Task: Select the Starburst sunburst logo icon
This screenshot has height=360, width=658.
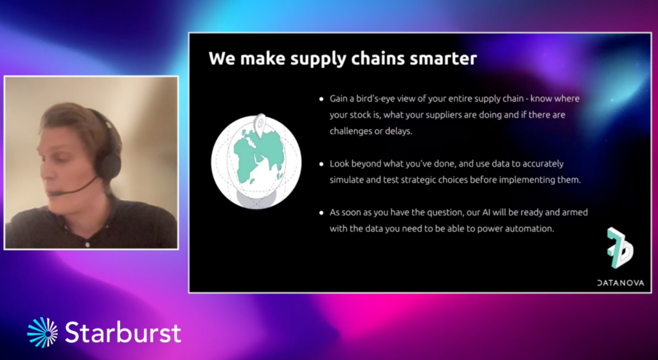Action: (42, 332)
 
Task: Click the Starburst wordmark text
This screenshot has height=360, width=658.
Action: (123, 332)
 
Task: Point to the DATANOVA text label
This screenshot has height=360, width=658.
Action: (620, 283)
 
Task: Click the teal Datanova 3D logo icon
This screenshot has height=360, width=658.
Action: (620, 248)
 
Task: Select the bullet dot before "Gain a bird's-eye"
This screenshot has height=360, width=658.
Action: (321, 99)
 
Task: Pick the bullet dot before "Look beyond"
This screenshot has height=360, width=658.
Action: (321, 164)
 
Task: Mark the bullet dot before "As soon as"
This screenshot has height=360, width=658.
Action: (321, 213)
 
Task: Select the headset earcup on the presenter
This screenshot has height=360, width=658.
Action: (109, 166)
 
